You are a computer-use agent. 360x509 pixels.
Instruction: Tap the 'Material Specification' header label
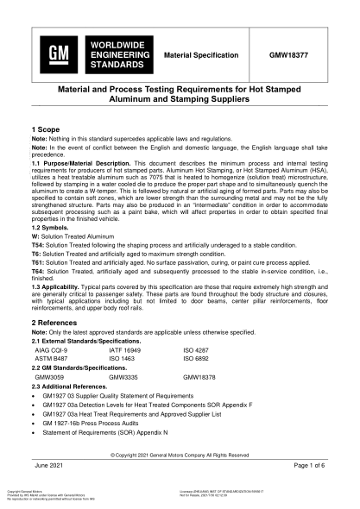(201, 54)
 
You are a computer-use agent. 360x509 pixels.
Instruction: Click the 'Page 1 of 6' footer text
(309, 466)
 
